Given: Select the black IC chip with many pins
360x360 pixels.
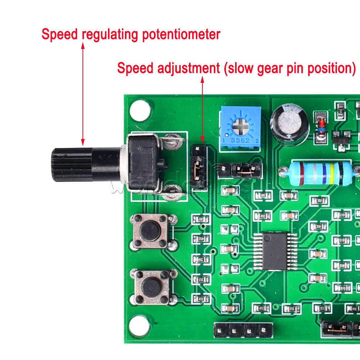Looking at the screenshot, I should (275, 251).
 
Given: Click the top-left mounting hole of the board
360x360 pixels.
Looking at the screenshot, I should (140, 110).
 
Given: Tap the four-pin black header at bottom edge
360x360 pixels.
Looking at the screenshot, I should (243, 329).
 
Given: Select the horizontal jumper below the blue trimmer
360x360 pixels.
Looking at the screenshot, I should (246, 168).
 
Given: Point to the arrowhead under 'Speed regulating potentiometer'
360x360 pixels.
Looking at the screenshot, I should (83, 45).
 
